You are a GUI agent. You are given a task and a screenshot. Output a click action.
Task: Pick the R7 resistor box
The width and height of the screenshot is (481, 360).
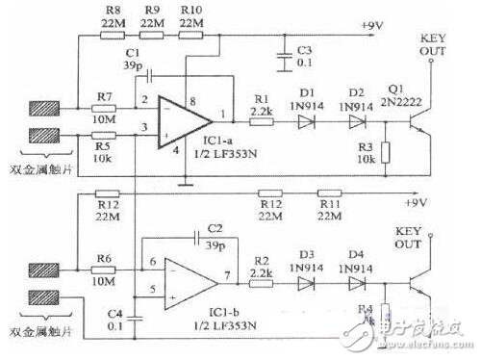[x=104, y=112]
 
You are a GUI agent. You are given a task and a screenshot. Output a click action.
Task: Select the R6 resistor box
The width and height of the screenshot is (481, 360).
[x=104, y=272]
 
